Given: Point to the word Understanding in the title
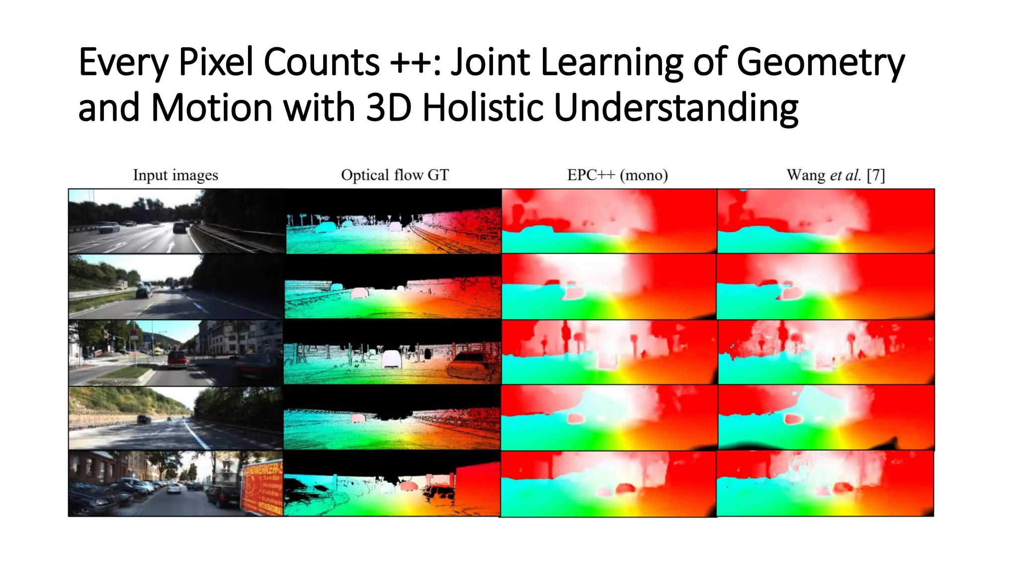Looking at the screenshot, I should tap(676, 108).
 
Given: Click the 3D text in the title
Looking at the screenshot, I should tap(389, 108).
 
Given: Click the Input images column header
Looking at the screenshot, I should tap(175, 175).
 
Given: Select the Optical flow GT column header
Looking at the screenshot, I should tap(395, 175).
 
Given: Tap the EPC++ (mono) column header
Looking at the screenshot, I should tap(617, 175).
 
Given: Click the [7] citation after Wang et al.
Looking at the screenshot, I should tap(875, 175).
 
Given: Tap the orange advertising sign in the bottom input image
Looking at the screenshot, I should tap(262, 489).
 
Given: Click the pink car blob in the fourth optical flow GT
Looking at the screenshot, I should tap(358, 419).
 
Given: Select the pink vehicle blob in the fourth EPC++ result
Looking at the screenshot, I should tap(576, 419).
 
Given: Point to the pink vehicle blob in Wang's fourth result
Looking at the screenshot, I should tap(791, 419).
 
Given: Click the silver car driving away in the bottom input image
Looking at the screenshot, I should tap(174, 488).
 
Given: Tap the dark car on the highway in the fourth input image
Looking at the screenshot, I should tap(144, 420).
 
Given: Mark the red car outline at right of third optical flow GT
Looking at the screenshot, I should tap(470, 366).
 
